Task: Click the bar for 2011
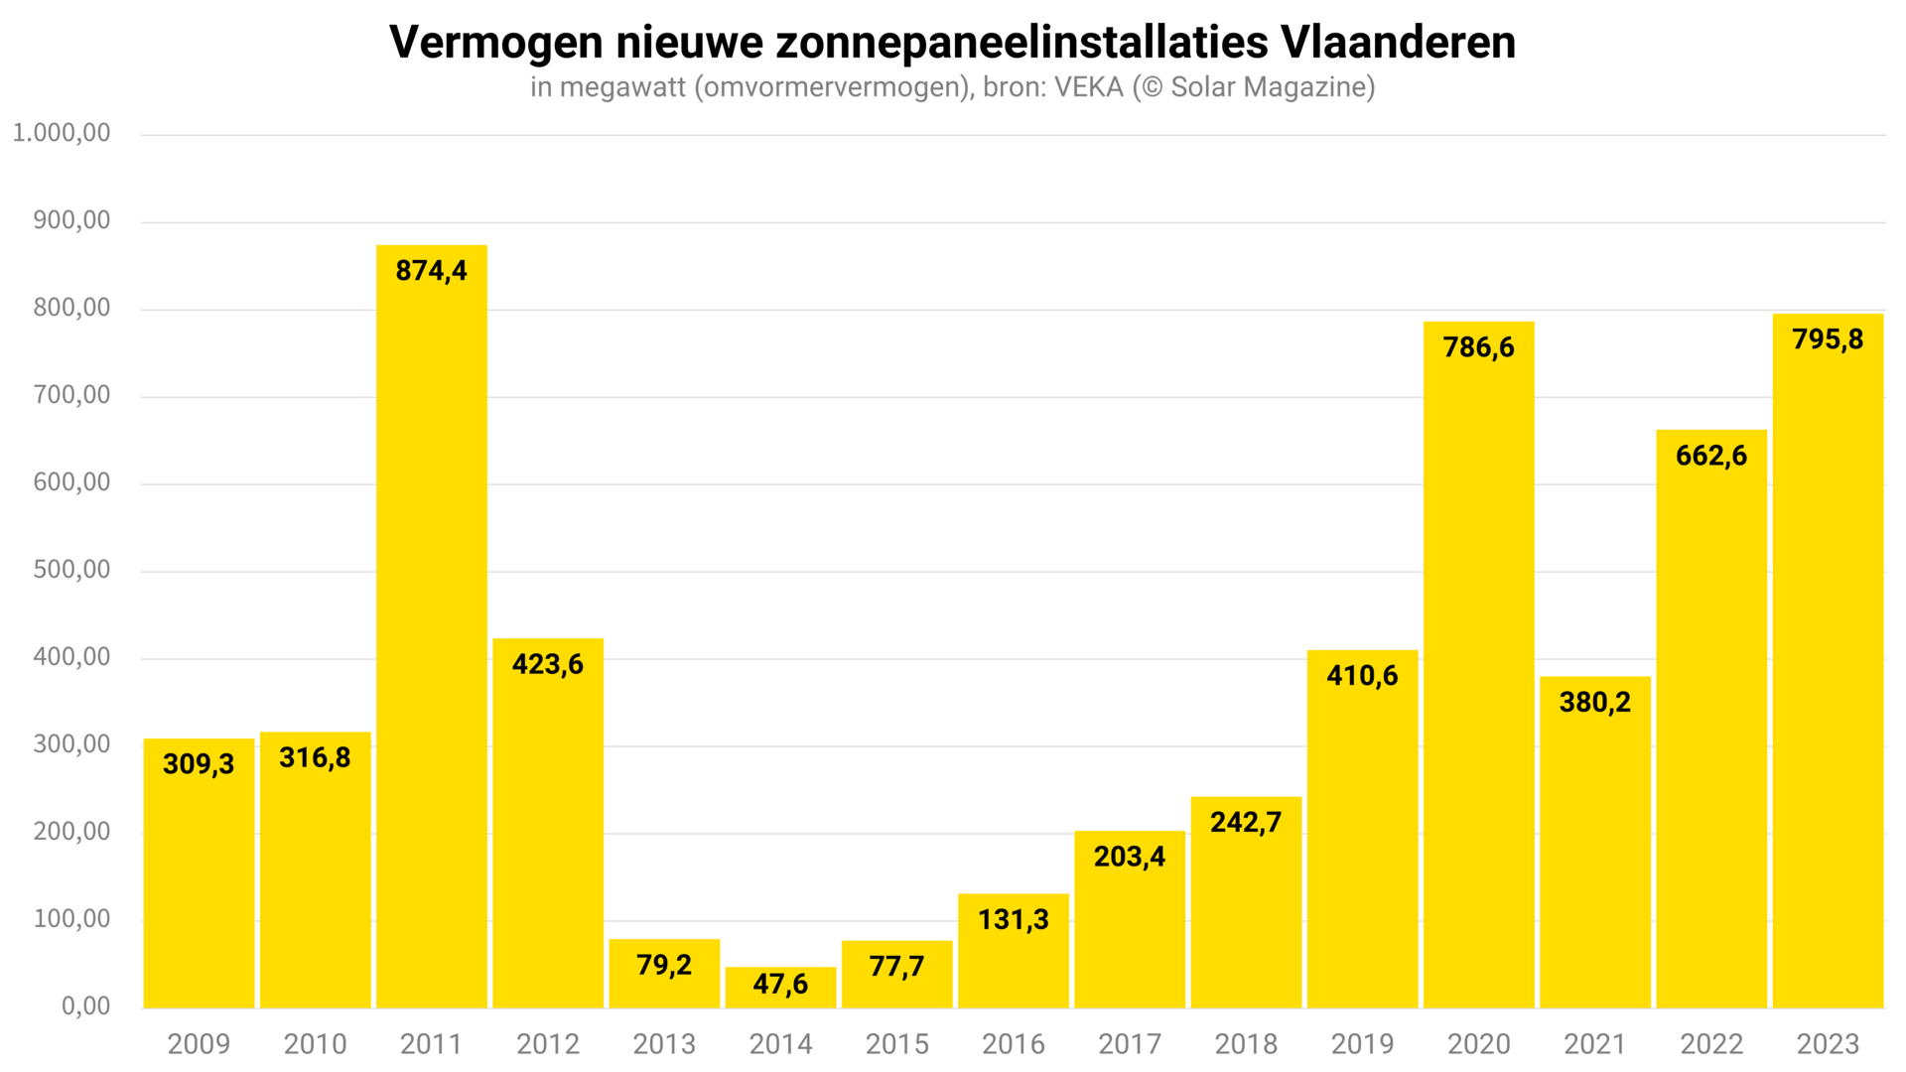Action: (x=432, y=625)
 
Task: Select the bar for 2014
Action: (x=780, y=989)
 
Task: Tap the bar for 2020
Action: (x=1478, y=665)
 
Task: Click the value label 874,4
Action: (x=432, y=271)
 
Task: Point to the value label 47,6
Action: (x=780, y=984)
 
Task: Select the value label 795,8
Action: (x=1828, y=339)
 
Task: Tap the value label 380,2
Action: (x=1594, y=703)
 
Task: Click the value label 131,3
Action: (x=1013, y=919)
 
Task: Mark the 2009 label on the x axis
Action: (x=199, y=1044)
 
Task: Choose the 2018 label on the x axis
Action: (x=1246, y=1044)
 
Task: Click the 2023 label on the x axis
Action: (x=1828, y=1044)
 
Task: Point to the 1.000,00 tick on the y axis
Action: (x=62, y=133)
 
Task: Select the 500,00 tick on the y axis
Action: (x=71, y=570)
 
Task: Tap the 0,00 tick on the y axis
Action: (x=86, y=1006)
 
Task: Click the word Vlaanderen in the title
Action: (x=1398, y=43)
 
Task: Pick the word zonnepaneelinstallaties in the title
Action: (x=1021, y=43)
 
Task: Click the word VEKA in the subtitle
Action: (x=1089, y=87)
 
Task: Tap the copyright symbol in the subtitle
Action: (x=1152, y=87)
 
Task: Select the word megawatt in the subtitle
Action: (x=622, y=87)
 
